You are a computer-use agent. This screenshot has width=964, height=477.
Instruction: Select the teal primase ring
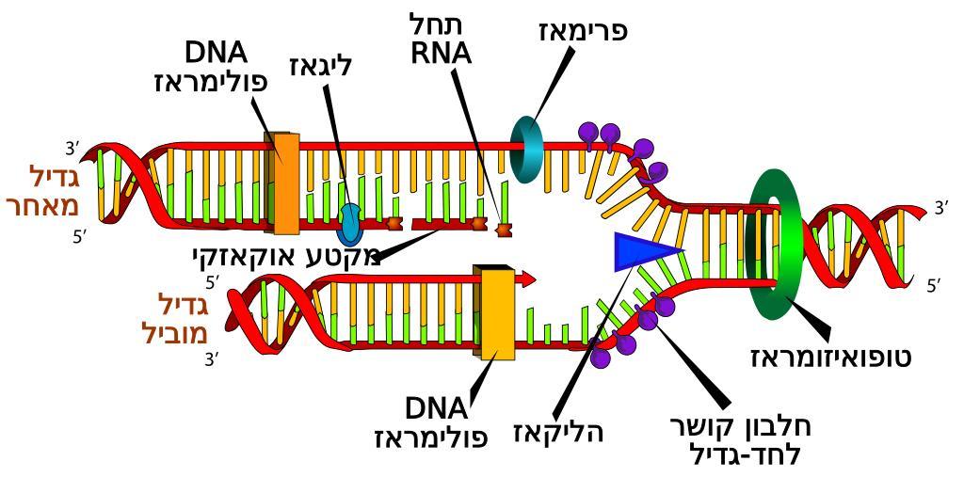(526, 148)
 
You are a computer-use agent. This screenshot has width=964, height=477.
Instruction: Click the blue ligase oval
(349, 221)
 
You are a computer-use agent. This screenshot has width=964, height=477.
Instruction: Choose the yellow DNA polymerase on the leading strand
(498, 313)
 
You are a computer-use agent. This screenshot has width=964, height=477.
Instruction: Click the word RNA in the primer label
(441, 53)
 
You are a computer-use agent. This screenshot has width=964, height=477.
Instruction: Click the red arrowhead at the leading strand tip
(529, 278)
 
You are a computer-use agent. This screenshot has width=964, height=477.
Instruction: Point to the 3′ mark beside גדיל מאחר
(72, 148)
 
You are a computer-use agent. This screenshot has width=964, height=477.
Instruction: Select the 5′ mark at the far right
(932, 285)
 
